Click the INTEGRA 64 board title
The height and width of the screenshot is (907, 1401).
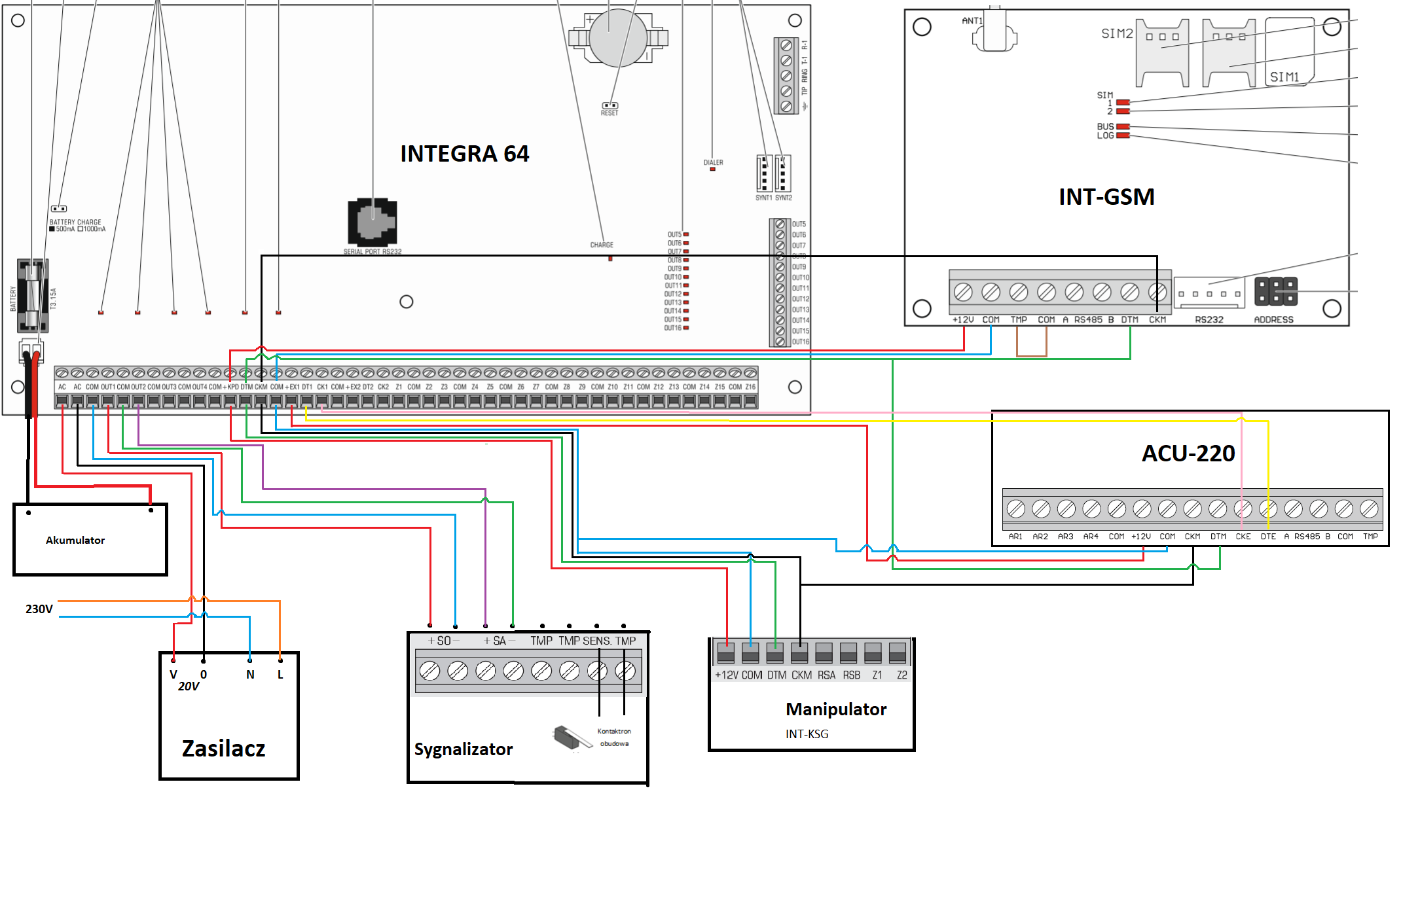(x=464, y=154)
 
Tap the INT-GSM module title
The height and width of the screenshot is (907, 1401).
(x=1106, y=197)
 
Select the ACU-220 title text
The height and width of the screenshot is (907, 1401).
(x=1188, y=453)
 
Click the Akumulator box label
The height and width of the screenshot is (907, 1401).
(x=75, y=540)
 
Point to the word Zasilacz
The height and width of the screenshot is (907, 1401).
(x=223, y=749)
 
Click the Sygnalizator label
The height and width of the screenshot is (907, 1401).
(x=464, y=749)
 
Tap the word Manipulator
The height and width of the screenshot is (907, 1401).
(x=836, y=709)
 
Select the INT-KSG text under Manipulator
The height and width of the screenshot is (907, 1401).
(x=807, y=734)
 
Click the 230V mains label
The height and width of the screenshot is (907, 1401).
(x=39, y=609)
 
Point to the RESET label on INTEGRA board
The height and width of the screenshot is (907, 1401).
(x=610, y=113)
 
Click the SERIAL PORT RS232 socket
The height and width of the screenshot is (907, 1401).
(x=373, y=222)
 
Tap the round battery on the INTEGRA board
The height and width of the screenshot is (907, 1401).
(x=618, y=38)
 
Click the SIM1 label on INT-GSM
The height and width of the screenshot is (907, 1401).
(x=1284, y=77)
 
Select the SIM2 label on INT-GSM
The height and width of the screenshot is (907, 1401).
(x=1116, y=33)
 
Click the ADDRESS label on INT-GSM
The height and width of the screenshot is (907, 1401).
(x=1273, y=320)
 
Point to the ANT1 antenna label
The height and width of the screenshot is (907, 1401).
(x=972, y=21)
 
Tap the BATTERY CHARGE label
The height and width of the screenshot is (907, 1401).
(x=75, y=222)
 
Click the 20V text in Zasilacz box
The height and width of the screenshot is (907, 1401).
(x=189, y=686)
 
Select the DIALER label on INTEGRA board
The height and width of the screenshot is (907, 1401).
(x=713, y=162)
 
